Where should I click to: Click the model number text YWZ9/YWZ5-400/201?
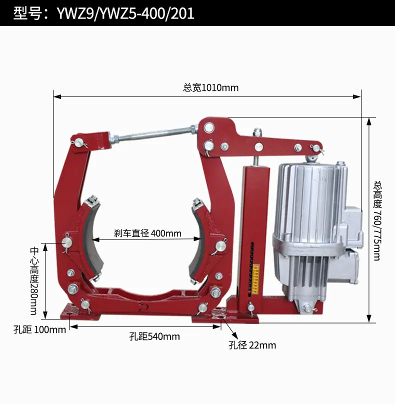click(x=125, y=13)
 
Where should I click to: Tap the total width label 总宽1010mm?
click(x=211, y=88)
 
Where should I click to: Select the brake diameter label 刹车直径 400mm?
click(x=147, y=233)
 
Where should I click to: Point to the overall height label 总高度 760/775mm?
click(x=377, y=221)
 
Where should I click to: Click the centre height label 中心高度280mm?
click(x=34, y=281)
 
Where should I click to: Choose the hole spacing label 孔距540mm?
click(x=154, y=336)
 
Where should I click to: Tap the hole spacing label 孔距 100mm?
click(x=39, y=330)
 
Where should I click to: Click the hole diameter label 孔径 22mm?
click(x=252, y=345)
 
